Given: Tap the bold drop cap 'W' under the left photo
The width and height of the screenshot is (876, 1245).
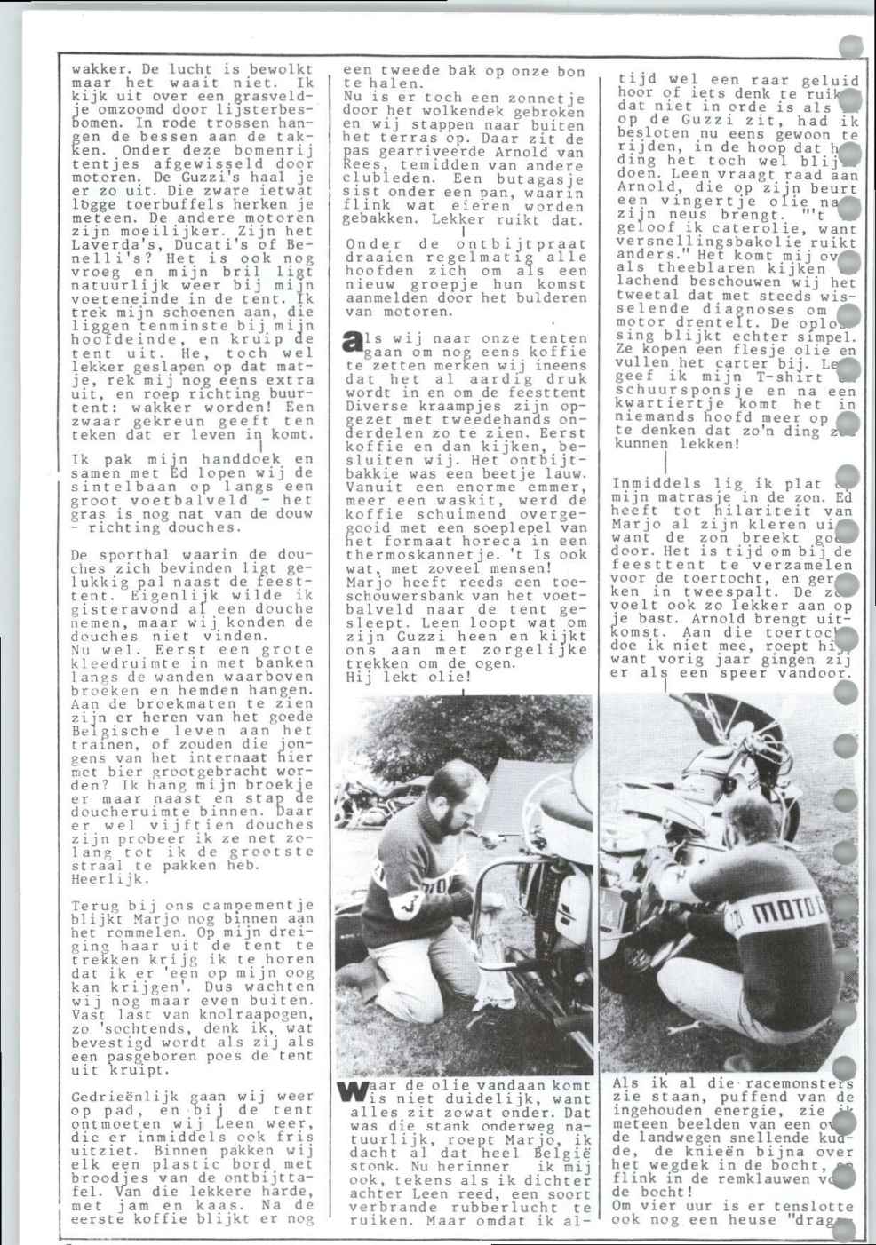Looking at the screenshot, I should [353, 1091].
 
